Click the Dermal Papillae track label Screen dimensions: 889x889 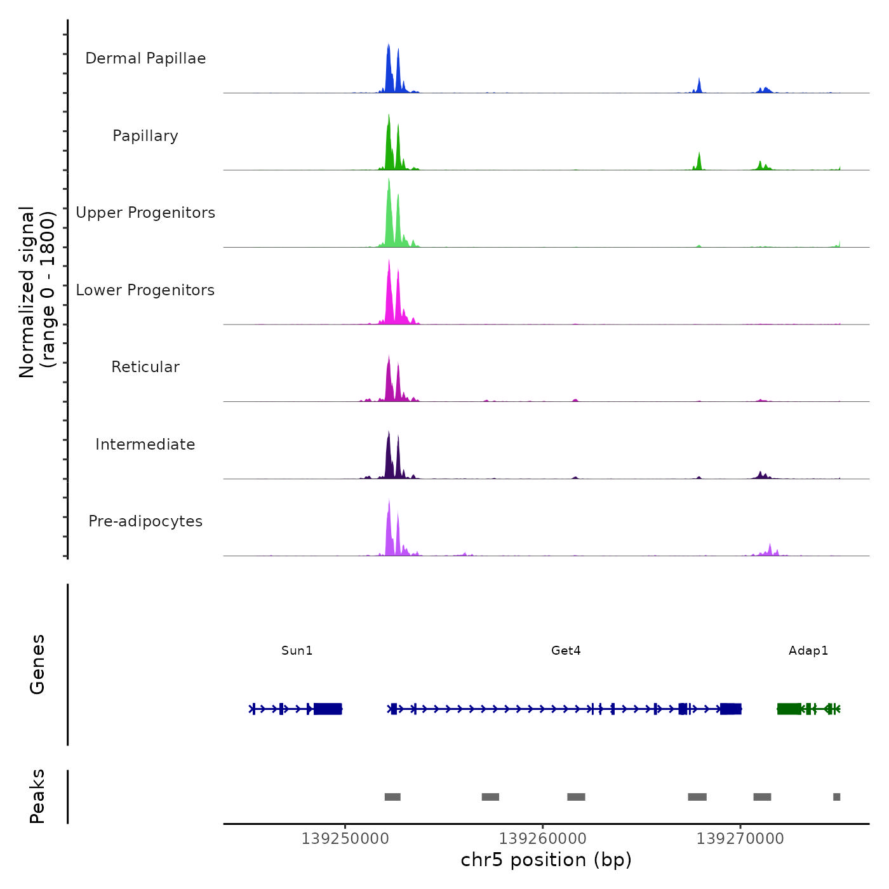(145, 58)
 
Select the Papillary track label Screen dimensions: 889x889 (145, 136)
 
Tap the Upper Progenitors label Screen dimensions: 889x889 (145, 213)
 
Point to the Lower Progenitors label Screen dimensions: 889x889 (145, 290)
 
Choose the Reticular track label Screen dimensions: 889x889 (145, 367)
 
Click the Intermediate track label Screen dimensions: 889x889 (145, 444)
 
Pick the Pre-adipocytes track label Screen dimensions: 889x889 (145, 521)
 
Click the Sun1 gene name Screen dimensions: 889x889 (297, 650)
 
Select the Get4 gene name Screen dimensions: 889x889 (566, 650)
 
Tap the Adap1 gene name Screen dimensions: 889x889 (808, 650)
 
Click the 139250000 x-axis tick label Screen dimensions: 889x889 (345, 838)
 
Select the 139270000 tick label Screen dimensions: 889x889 (740, 838)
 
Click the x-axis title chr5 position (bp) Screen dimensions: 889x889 (546, 860)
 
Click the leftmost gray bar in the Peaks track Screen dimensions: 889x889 (392, 797)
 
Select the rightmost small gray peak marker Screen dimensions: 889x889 (836, 797)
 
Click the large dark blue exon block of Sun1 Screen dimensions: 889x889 (328, 709)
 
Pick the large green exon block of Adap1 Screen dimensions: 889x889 (789, 709)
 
